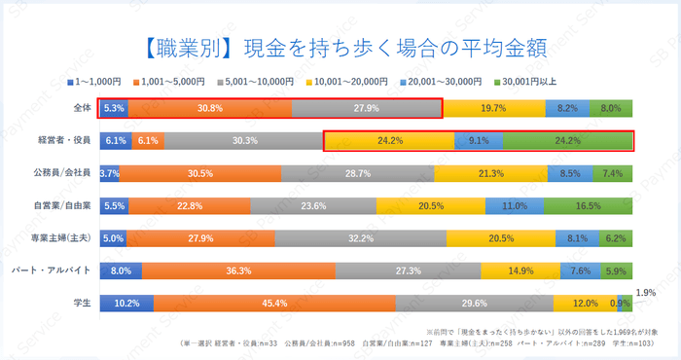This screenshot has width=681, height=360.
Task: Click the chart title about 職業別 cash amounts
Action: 340,46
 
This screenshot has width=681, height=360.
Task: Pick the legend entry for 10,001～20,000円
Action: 345,82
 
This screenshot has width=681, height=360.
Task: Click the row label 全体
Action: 82,108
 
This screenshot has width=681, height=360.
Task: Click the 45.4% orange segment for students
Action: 274,303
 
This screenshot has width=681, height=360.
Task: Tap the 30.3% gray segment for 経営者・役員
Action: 245,141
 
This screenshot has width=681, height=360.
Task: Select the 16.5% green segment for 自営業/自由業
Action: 589,206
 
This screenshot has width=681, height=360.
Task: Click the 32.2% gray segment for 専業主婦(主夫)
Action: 361,238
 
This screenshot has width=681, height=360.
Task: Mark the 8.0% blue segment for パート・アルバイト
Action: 121,270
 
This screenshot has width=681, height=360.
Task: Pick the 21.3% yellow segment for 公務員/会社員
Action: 491,173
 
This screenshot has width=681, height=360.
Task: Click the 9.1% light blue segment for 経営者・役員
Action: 479,141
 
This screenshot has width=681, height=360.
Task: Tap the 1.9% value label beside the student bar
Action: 645,292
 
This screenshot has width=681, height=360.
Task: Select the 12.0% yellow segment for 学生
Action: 585,303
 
